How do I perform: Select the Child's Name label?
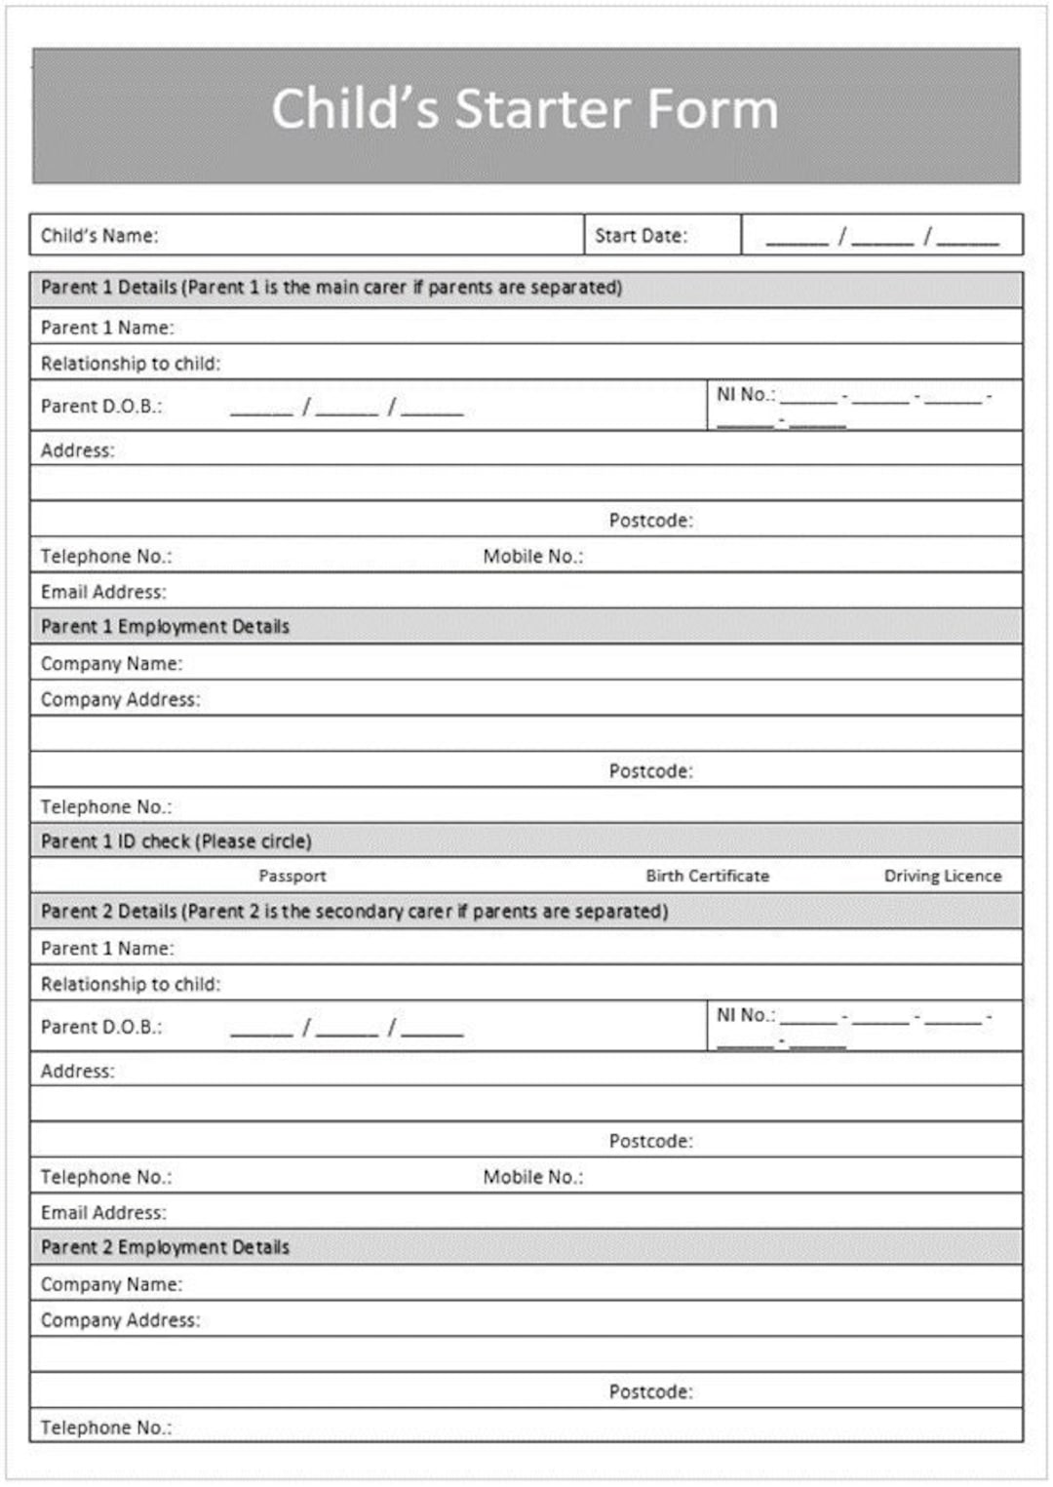pos(98,236)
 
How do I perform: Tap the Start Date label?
pos(641,236)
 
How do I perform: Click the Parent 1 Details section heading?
pos(331,288)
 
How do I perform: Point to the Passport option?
pos(292,876)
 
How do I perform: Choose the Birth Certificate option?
pos(707,876)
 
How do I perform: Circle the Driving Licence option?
pos(942,876)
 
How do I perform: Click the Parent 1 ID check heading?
pos(175,841)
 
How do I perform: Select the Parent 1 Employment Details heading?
pos(165,626)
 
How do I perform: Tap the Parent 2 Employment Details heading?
pos(165,1247)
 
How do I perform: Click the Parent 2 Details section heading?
pos(354,912)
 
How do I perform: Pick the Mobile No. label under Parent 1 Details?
pos(532,556)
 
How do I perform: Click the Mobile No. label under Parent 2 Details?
pos(532,1177)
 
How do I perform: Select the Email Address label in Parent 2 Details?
pos(103,1213)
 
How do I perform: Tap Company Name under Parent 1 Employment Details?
pos(111,663)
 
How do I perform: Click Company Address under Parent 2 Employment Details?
pos(120,1320)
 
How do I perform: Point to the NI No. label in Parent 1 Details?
pos(746,394)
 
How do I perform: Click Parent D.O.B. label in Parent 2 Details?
pos(101,1027)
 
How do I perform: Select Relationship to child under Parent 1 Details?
pos(131,364)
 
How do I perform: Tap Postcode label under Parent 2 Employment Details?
pos(650,1391)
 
